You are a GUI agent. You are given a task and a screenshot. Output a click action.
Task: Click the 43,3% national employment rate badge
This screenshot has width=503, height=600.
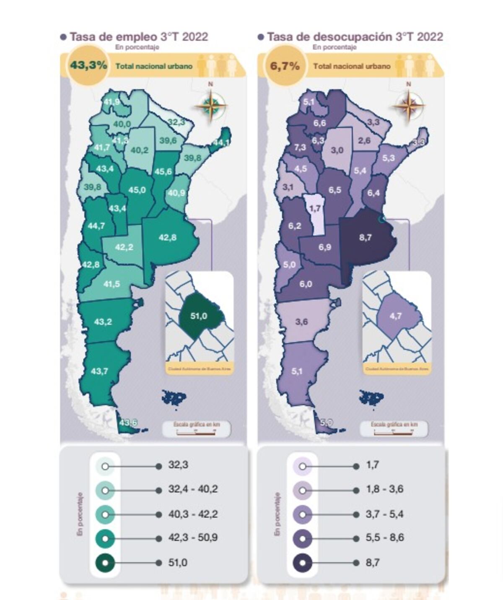tap(88, 65)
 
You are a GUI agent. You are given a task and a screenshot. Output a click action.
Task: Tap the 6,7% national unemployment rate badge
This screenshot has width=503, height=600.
tap(285, 66)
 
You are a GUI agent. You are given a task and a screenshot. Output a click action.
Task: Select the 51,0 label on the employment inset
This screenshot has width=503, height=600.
tap(199, 316)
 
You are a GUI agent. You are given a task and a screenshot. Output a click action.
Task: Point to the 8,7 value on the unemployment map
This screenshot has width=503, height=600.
tap(365, 237)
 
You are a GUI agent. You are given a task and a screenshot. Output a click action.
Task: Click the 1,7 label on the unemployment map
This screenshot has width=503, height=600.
tap(315, 208)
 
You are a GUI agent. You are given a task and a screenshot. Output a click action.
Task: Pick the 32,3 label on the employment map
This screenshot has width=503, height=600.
tap(176, 122)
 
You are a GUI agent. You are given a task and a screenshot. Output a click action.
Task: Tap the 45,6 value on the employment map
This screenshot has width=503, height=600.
tap(163, 171)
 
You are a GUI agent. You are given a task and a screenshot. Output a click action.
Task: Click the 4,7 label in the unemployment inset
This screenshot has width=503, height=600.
tap(396, 316)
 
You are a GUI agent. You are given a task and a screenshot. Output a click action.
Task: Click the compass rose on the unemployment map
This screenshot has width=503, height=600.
tap(408, 105)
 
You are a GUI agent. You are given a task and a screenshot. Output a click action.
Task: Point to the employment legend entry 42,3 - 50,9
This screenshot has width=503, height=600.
tap(193, 538)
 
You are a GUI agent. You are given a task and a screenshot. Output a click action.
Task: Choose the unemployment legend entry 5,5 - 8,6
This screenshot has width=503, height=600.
tap(385, 538)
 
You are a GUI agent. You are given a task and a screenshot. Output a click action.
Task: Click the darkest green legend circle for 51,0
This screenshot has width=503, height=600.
tap(105, 563)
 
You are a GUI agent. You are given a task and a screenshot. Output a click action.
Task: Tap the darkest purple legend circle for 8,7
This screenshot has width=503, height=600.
tap(302, 563)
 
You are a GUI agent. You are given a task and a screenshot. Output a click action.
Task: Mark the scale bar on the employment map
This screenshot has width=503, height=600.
tap(197, 429)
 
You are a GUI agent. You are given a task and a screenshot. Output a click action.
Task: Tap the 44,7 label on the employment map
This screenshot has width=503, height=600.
tap(96, 226)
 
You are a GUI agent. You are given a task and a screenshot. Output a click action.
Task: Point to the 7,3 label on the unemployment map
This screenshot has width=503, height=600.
tap(300, 148)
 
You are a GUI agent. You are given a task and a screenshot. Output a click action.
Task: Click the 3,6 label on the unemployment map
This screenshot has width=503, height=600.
tap(301, 322)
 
